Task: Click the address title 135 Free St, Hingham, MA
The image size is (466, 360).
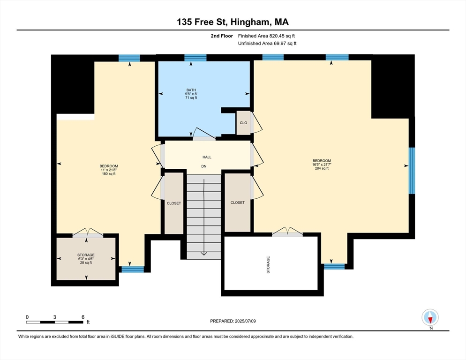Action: pyautogui.click(x=233, y=22)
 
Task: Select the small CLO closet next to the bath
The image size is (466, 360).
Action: pyautogui.click(x=243, y=123)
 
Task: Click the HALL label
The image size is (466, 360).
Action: pyautogui.click(x=206, y=157)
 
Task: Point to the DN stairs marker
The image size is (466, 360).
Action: pyautogui.click(x=204, y=166)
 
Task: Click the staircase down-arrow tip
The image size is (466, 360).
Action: pyautogui.click(x=204, y=255)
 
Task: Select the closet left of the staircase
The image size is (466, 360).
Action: pyautogui.click(x=173, y=203)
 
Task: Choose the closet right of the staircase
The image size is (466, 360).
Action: pyautogui.click(x=237, y=202)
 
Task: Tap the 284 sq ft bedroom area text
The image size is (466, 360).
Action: pyautogui.click(x=322, y=168)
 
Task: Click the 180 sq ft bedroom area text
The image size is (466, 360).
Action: pyautogui.click(x=108, y=174)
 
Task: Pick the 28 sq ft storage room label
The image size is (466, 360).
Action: pyautogui.click(x=86, y=259)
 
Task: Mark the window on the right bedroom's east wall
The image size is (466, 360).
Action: pyautogui.click(x=412, y=171)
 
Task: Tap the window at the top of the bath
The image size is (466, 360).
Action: pyautogui.click(x=195, y=58)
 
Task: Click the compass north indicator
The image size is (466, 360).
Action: pyautogui.click(x=430, y=318)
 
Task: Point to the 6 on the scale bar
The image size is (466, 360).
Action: pyautogui.click(x=83, y=317)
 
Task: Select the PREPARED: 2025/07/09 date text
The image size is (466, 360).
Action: pyautogui.click(x=233, y=321)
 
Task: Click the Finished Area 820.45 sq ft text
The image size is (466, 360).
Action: pyautogui.click(x=266, y=36)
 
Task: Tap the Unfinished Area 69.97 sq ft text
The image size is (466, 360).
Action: pyautogui.click(x=267, y=44)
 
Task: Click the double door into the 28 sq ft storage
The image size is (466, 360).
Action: pyautogui.click(x=87, y=234)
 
